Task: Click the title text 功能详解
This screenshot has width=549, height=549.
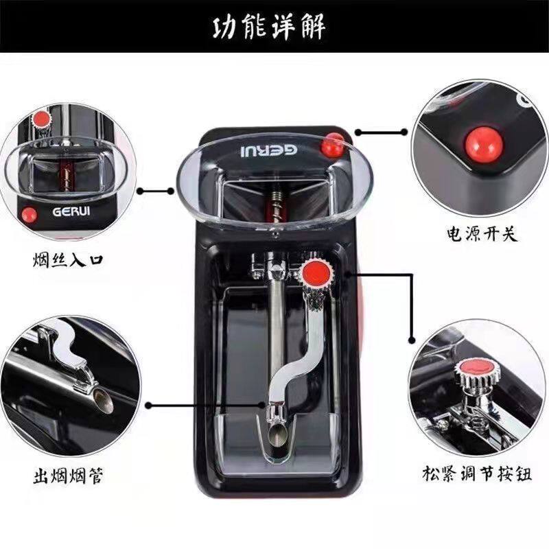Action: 269,26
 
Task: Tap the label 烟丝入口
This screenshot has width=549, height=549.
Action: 68,260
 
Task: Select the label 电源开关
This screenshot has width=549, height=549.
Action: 482,233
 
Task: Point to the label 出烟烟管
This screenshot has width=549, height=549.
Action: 68,476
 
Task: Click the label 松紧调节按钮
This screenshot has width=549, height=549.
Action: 476,474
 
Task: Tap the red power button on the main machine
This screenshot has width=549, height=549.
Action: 333,144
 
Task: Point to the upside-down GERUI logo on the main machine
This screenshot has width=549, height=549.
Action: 269,150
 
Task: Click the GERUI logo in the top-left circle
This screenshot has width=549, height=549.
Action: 71,211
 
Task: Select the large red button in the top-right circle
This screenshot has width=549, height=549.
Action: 484,144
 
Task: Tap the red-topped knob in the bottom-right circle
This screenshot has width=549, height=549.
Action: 477,369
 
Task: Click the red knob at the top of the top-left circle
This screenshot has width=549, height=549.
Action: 41,119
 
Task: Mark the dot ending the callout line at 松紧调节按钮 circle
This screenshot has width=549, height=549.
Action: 412,340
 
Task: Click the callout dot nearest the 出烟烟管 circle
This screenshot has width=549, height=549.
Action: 149,406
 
